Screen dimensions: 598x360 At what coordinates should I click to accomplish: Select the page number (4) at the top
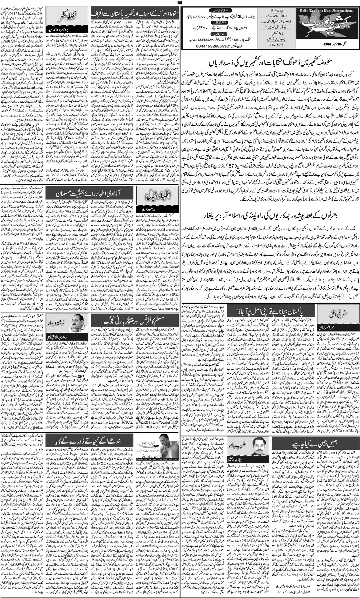coord(180,3)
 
